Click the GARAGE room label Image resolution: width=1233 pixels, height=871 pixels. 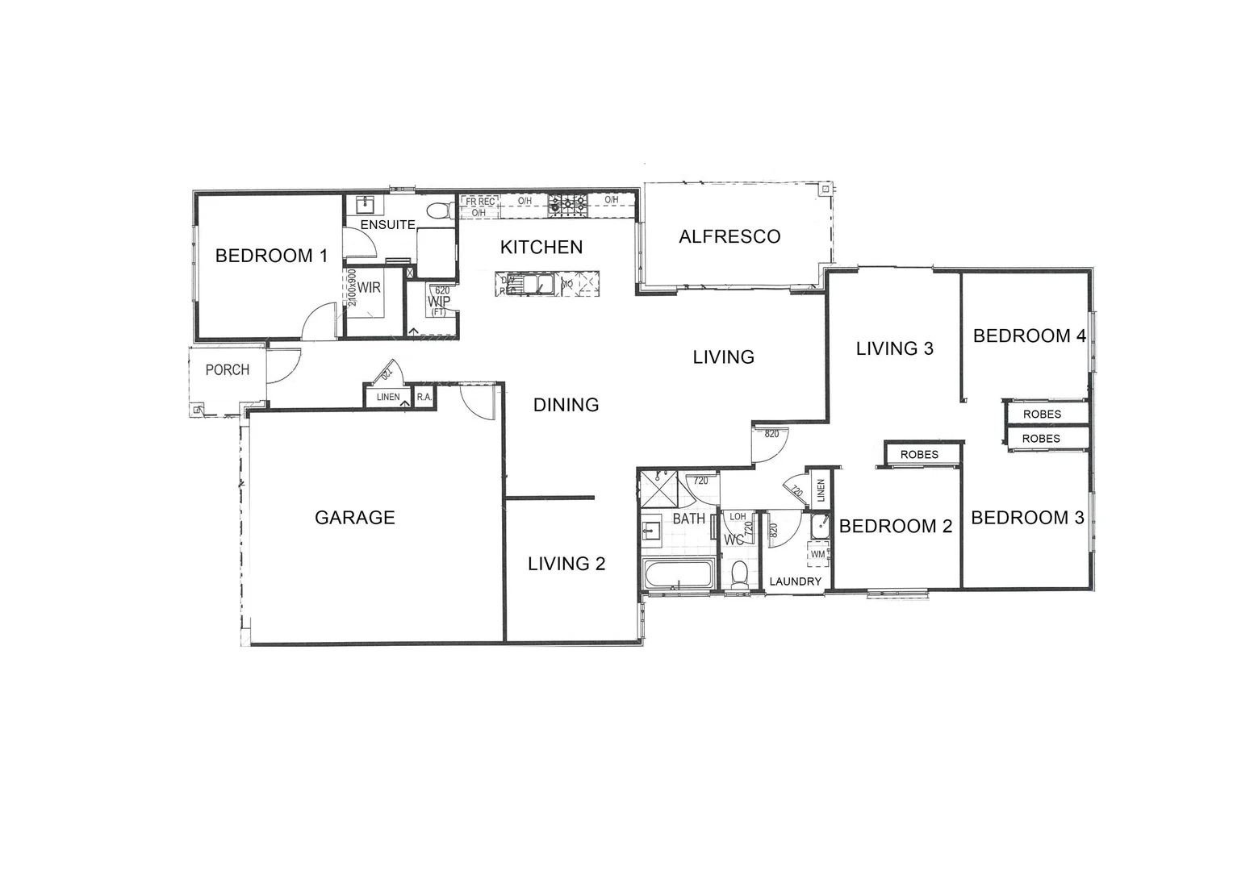click(354, 518)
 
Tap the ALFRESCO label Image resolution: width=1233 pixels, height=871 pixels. click(729, 236)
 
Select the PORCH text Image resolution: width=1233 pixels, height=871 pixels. click(227, 370)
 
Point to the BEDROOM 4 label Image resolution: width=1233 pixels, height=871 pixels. click(1029, 336)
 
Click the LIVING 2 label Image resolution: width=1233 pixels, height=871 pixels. click(566, 564)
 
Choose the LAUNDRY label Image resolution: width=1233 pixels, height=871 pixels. click(795, 581)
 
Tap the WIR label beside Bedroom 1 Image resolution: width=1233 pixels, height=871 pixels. click(369, 288)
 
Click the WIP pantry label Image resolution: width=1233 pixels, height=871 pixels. click(439, 301)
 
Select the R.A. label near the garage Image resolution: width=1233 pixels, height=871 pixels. click(424, 397)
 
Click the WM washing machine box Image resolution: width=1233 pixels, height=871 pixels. click(817, 554)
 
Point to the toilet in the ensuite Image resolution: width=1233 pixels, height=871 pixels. click(439, 211)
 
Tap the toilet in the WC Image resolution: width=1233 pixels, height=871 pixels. click(738, 573)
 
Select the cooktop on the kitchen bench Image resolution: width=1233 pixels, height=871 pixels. click(567, 205)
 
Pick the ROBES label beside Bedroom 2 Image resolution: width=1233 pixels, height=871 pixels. click(919, 455)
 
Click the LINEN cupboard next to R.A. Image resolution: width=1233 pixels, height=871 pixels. click(388, 397)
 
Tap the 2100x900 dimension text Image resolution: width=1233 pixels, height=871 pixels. click(352, 288)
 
